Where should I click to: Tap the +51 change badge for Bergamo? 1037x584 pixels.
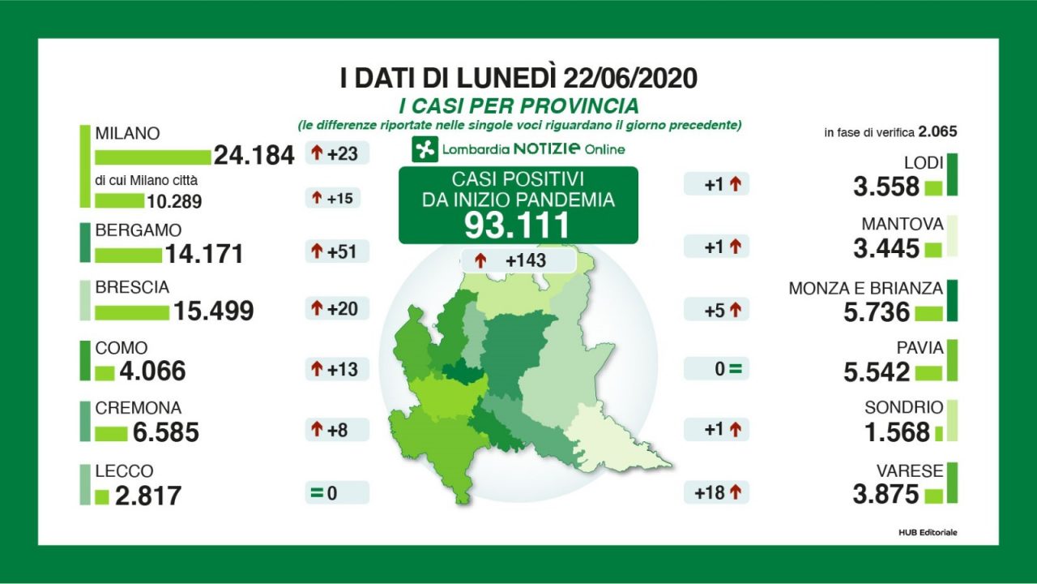click(337, 251)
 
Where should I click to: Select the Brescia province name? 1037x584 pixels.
click(132, 288)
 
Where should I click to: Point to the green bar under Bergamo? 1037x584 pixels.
click(128, 255)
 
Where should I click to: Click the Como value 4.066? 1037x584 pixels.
click(151, 371)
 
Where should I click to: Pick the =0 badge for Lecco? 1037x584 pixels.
click(337, 492)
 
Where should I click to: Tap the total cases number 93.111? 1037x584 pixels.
click(518, 226)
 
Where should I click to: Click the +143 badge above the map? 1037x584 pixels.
click(518, 261)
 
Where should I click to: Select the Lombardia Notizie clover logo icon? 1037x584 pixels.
click(424, 149)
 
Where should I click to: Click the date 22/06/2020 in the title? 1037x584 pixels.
click(628, 79)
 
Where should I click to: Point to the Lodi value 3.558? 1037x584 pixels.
click(886, 187)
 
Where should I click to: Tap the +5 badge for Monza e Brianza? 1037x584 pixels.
click(716, 309)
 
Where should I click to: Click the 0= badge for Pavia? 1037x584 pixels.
click(716, 370)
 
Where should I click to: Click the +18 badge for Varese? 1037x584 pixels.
click(716, 492)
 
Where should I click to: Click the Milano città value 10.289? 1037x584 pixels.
click(174, 201)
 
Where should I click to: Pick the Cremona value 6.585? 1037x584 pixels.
click(165, 432)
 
